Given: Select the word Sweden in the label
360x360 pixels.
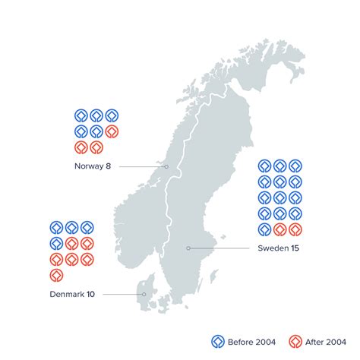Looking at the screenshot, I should click(270, 248).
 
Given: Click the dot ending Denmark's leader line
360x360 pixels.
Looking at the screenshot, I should click(143, 294).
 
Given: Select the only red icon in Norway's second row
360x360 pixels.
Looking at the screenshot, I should click(112, 131).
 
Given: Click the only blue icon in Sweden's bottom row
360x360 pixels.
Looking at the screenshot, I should click(264, 229).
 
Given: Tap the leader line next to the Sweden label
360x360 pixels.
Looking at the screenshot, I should click(220, 248).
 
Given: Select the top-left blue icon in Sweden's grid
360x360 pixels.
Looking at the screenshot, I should click(264, 166).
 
